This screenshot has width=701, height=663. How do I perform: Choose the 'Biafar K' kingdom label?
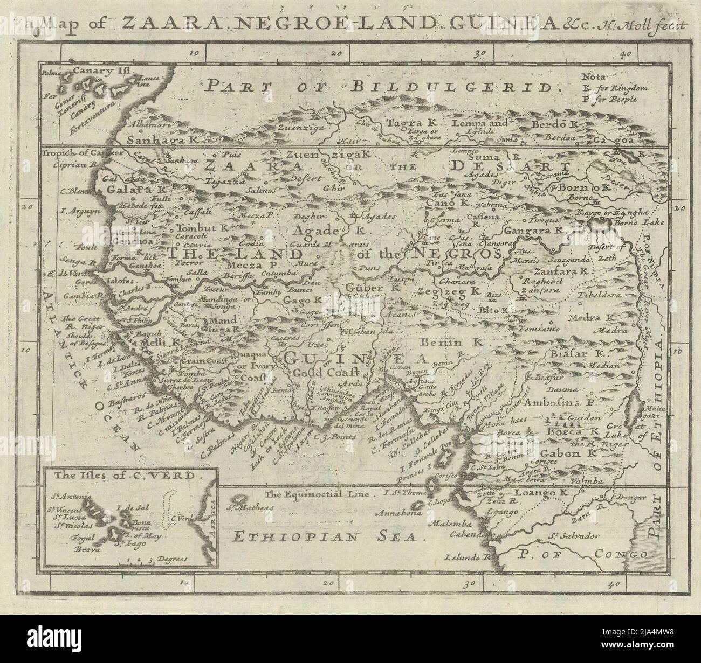[576, 354]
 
